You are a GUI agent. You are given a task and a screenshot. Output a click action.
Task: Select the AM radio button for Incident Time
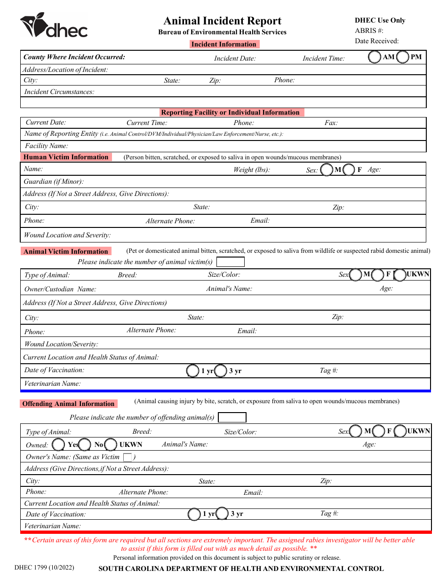click(375, 57)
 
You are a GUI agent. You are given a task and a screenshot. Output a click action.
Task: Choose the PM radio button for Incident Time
click(402, 57)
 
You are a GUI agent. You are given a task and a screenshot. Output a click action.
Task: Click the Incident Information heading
click(224, 44)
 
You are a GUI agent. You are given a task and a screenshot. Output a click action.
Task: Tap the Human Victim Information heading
click(66, 157)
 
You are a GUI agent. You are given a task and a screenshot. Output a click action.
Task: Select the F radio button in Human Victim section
click(349, 170)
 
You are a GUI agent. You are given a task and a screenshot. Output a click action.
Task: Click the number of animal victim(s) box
click(230, 262)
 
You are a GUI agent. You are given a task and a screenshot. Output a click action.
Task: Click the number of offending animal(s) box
click(232, 417)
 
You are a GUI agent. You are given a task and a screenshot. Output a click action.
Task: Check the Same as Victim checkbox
click(127, 457)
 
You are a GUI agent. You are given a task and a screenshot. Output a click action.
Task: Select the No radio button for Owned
click(85, 445)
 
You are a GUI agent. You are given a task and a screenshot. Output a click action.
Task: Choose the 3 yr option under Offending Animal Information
click(223, 514)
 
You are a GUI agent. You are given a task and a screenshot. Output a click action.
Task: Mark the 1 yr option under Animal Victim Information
click(193, 371)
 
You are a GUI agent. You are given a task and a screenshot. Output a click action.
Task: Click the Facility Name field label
click(47, 146)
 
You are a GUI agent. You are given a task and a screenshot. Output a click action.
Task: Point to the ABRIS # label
click(369, 31)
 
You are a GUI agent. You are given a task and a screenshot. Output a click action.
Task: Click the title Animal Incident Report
click(222, 21)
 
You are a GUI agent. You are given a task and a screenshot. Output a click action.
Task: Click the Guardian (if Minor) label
click(54, 182)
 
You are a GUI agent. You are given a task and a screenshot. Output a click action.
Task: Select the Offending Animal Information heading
click(68, 404)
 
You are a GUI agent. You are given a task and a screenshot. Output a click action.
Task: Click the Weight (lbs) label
click(252, 170)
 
